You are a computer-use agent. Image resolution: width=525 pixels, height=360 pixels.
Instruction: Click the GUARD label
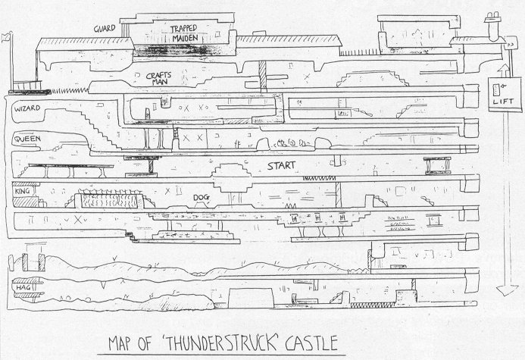click(x=105, y=28)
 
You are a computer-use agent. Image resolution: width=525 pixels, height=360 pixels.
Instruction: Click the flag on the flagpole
click(x=8, y=36)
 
